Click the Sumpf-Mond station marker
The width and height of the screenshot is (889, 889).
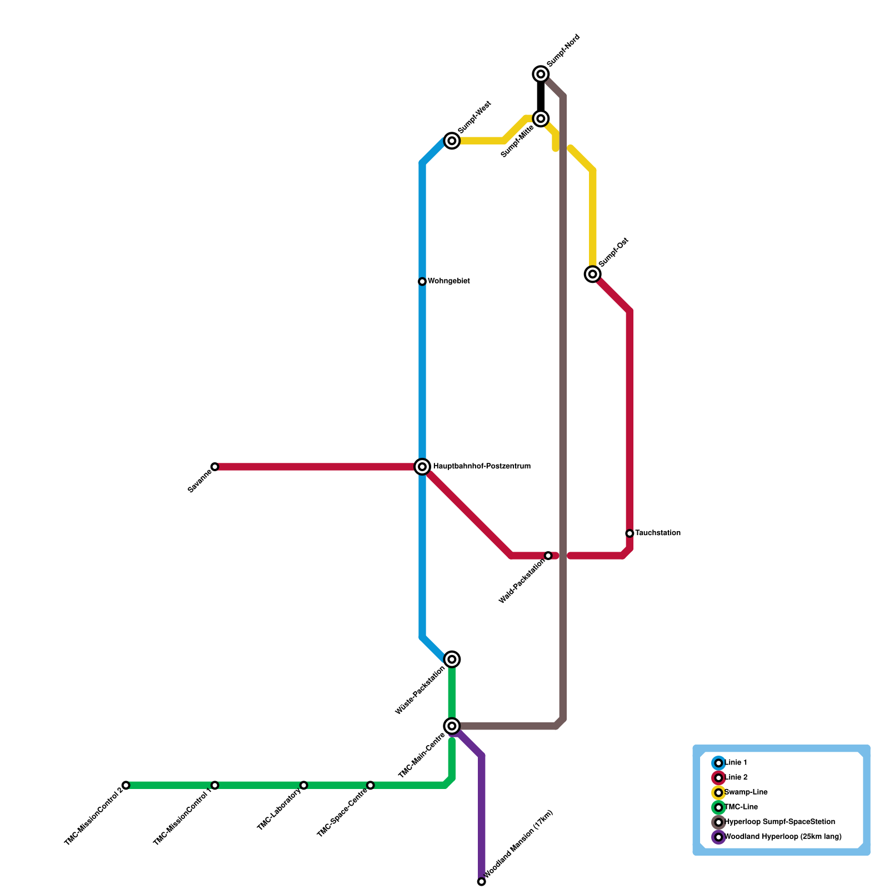coord(541,74)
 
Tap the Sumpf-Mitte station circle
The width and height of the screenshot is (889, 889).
coord(541,118)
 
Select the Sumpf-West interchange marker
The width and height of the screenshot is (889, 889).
coord(452,141)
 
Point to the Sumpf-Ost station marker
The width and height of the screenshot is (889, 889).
coord(593,274)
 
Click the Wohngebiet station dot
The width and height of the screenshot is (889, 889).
coord(422,282)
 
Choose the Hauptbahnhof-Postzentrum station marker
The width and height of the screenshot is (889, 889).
coord(422,467)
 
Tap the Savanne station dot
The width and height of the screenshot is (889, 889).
coord(215,467)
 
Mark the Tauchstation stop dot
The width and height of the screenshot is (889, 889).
coord(630,533)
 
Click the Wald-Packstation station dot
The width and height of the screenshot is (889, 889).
coord(548,556)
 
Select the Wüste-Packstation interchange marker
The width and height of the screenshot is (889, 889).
coord(452,660)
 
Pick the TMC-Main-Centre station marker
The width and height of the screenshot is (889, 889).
coord(452,726)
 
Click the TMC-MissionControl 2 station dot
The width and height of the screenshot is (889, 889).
coord(126,785)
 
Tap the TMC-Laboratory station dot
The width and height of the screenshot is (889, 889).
coord(304,785)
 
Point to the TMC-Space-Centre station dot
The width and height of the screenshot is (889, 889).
coord(371,785)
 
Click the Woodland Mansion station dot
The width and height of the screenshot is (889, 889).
coord(482,882)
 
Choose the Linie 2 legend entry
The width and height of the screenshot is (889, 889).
coord(736,777)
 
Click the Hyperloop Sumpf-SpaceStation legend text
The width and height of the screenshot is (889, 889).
coord(780,822)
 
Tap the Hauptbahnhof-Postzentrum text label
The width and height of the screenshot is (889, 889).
coord(481,467)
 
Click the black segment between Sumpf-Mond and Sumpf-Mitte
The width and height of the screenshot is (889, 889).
coord(541,96)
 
